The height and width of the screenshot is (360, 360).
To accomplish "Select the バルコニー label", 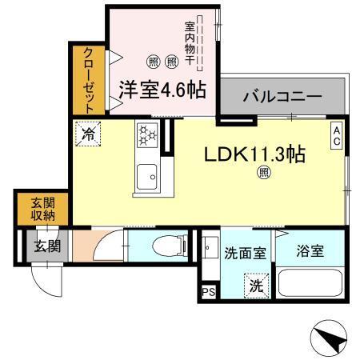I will tap(282, 97).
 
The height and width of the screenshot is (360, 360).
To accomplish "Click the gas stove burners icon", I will tap(147, 136).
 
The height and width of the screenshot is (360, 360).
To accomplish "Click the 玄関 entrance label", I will tap(47, 246).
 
